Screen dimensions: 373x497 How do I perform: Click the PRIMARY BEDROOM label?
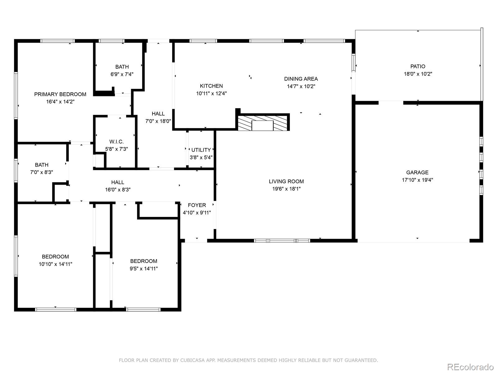(x=60, y=94)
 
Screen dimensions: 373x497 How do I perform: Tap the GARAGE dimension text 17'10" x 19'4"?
(x=417, y=180)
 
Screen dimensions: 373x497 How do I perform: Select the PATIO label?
(x=417, y=66)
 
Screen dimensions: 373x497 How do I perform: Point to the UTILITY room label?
(x=201, y=150)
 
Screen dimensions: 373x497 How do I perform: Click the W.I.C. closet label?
(x=116, y=142)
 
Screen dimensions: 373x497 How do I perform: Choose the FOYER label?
(x=197, y=205)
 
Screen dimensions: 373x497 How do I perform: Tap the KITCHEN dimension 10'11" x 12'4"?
(x=211, y=93)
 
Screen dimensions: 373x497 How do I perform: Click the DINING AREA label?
(x=301, y=79)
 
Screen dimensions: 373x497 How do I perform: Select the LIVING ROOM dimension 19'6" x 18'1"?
(x=286, y=189)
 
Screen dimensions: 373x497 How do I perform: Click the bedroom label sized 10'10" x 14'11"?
(x=55, y=256)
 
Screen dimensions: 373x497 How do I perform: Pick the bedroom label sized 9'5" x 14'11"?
(x=144, y=261)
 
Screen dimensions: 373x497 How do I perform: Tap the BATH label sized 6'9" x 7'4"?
(x=122, y=67)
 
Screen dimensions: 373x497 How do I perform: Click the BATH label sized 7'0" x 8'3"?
(x=41, y=165)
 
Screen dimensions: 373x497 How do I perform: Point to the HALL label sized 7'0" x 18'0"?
(x=158, y=114)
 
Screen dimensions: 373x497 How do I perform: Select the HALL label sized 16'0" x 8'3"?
(x=117, y=182)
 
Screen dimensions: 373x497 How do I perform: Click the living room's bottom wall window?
(x=282, y=241)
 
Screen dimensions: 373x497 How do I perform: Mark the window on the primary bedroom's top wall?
(x=57, y=41)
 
